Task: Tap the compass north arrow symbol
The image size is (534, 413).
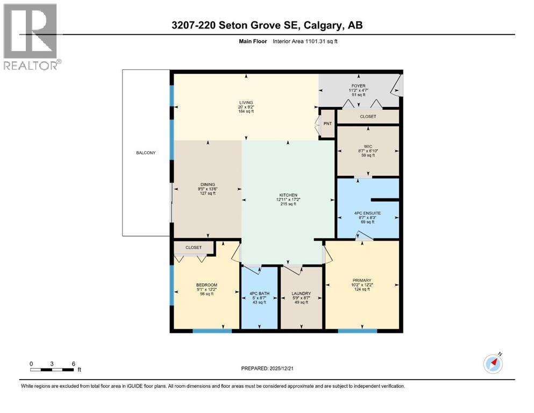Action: point(493,364)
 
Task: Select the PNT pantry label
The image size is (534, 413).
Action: point(327,124)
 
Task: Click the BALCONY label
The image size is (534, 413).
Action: point(145,153)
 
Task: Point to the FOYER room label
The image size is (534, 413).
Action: point(359,84)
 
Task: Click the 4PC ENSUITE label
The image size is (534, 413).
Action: point(367,213)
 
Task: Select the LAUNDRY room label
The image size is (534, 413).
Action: point(302,293)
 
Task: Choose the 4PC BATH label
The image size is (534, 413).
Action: point(260,293)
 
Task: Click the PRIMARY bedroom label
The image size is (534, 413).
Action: point(362,280)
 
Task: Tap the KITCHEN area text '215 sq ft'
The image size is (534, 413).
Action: point(288,204)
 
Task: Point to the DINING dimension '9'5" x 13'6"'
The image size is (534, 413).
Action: point(207,189)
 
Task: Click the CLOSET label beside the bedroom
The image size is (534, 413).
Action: point(194,247)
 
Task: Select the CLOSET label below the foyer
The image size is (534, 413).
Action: point(368,116)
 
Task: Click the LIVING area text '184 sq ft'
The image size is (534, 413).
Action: point(246,112)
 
